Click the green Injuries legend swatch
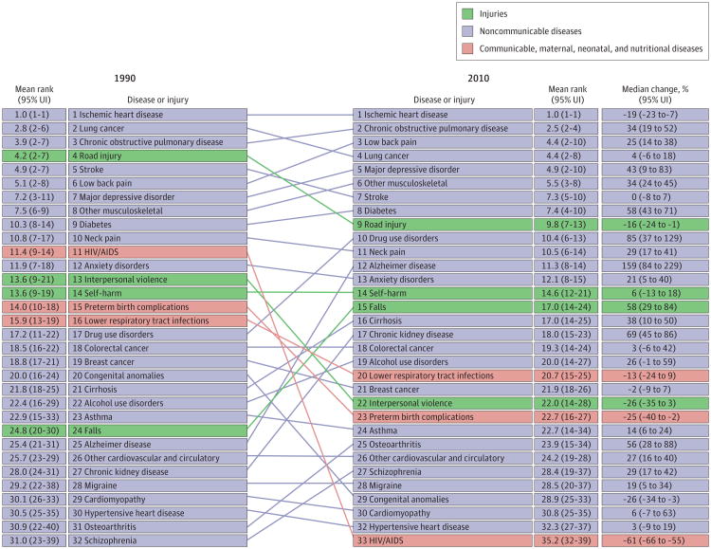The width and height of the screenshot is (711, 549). pyautogui.click(x=468, y=14)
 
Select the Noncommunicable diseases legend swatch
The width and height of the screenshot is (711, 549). pyautogui.click(x=468, y=30)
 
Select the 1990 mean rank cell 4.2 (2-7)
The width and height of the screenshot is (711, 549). pyautogui.click(x=32, y=156)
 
